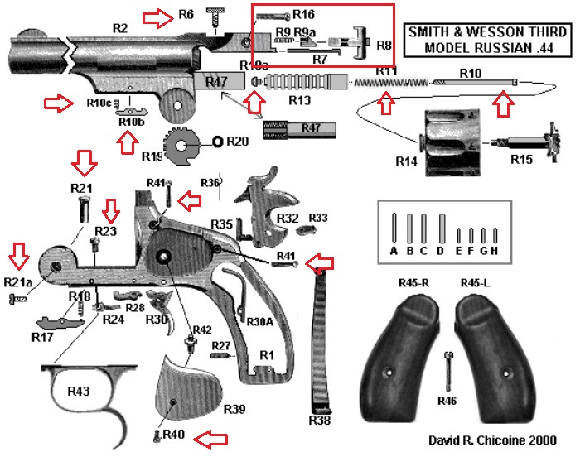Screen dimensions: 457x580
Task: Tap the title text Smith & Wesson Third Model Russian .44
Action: [x=481, y=41]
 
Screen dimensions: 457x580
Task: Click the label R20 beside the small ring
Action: [x=237, y=141]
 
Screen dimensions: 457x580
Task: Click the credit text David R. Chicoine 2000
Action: [x=491, y=440]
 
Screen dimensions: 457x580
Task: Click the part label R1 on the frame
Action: [x=266, y=354]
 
